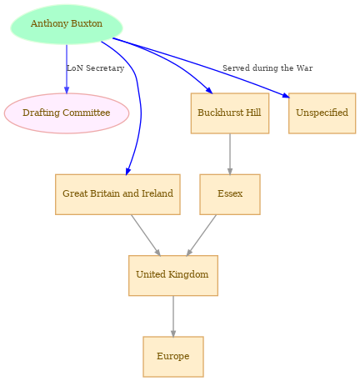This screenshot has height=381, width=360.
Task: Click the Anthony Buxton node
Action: [x=67, y=24]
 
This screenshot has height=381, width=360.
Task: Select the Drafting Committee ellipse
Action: [x=67, y=113]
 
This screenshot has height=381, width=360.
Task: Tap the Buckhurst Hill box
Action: [x=230, y=113]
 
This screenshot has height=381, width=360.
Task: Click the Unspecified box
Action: [x=322, y=113]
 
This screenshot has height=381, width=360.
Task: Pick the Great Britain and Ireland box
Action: [x=117, y=194]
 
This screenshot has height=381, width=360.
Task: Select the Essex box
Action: [x=230, y=194]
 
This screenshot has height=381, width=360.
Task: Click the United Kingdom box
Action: [x=173, y=275]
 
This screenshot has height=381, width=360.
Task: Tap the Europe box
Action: [x=173, y=357]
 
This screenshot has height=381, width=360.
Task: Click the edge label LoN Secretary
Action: [x=96, y=68]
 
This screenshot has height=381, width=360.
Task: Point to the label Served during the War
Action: [x=267, y=68]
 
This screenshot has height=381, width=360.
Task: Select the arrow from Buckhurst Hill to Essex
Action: [x=230, y=154]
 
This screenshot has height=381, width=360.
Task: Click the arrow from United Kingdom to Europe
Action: [x=173, y=316]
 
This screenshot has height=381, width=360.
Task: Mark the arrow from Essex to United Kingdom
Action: [x=202, y=235]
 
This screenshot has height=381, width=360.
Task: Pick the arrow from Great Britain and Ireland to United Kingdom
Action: [x=146, y=235]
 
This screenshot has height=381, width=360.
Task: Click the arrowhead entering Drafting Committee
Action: [x=67, y=90]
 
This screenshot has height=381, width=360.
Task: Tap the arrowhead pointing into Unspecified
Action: [x=286, y=95]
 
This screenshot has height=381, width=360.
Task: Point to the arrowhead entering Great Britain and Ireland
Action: [x=127, y=171]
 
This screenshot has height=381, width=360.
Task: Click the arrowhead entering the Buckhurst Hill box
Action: [x=209, y=90]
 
